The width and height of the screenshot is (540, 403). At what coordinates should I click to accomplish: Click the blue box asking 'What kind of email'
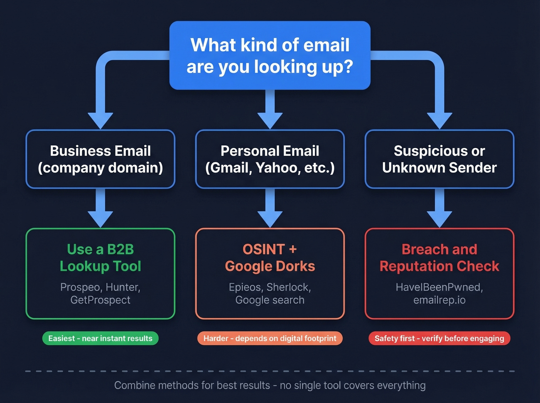(x=270, y=56)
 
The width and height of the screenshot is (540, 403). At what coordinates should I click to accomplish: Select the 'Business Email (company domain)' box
(x=100, y=159)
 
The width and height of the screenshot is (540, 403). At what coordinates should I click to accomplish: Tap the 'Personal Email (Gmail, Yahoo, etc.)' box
(x=270, y=159)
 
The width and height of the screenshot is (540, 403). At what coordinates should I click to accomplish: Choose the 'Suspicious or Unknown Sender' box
(x=439, y=159)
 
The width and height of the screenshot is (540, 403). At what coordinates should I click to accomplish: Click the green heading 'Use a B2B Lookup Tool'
(x=100, y=258)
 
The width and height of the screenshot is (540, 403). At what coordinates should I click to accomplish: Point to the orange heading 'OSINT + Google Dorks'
(x=270, y=258)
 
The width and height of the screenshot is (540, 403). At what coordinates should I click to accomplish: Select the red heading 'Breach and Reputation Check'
(x=439, y=258)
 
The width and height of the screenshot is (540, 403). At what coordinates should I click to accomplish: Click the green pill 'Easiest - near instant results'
(x=100, y=338)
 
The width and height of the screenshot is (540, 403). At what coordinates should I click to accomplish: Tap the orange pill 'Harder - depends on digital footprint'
(x=270, y=338)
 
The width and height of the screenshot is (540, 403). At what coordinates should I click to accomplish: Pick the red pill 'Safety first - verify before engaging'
(x=439, y=338)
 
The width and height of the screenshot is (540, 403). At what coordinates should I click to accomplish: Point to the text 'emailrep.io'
(x=439, y=300)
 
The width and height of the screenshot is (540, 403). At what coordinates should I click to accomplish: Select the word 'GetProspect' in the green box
(x=100, y=300)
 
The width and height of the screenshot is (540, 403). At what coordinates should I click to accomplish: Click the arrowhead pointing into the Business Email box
(x=100, y=120)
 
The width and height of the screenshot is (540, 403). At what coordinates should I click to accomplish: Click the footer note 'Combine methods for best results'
(x=192, y=385)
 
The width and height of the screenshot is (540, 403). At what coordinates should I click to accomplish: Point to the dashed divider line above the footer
(x=270, y=371)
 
